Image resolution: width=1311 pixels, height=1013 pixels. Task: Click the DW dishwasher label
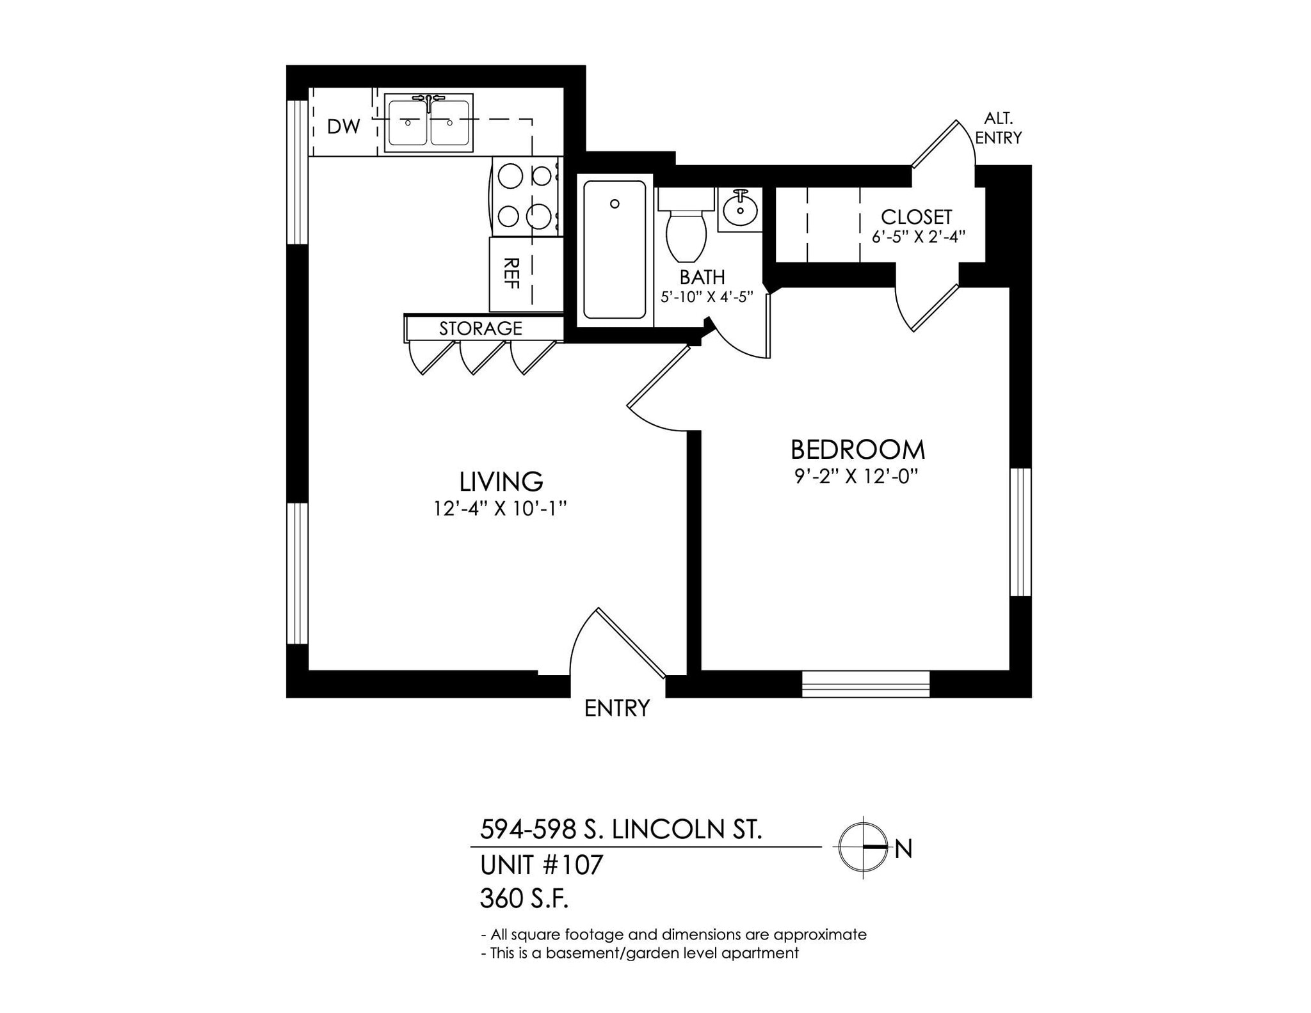[344, 127]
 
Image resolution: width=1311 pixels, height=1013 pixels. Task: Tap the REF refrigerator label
[511, 273]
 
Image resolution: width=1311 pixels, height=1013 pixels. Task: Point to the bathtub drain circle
[615, 203]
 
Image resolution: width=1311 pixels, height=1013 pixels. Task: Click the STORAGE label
[480, 328]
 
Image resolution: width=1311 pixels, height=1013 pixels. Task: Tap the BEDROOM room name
[857, 450]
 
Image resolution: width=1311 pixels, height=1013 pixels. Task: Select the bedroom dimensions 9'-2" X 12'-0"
[857, 477]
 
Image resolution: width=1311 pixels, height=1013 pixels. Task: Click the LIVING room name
[501, 481]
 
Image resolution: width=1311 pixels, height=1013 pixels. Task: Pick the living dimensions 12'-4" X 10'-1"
[501, 509]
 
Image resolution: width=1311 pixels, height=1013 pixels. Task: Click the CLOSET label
[916, 217]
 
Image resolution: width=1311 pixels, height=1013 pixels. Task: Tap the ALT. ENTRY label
[998, 128]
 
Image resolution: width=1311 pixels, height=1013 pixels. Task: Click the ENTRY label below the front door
[617, 708]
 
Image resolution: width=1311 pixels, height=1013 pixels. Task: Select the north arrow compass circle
[863, 847]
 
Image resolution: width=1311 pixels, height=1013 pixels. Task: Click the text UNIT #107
[542, 865]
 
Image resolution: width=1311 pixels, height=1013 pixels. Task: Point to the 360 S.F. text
[524, 899]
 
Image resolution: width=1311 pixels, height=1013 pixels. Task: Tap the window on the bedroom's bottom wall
[865, 683]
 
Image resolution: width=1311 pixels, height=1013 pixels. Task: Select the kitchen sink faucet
[428, 99]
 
